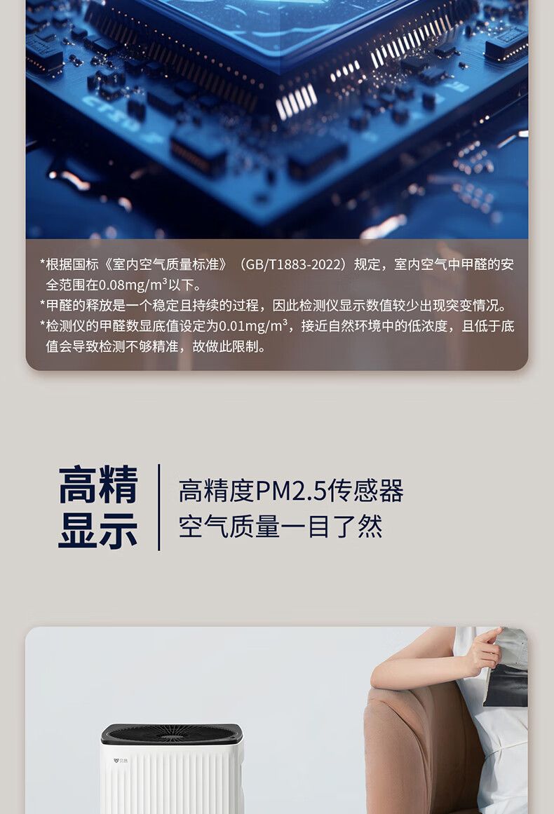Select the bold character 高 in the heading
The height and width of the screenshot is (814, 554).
coord(78,485)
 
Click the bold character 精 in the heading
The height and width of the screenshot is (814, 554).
coord(119,485)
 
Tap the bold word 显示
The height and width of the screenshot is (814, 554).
coord(98,530)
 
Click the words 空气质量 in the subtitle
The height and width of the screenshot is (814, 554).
coord(229,527)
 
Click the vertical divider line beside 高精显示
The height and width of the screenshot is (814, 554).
coord(158,507)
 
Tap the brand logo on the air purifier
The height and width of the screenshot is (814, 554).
coord(121,761)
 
